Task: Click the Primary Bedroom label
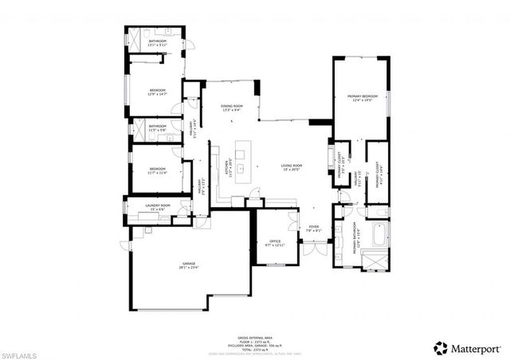tap(360, 99)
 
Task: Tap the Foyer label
tap(314, 228)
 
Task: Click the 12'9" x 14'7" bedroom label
tap(157, 92)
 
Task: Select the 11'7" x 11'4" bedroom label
tap(157, 170)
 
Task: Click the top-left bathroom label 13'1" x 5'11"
tap(156, 43)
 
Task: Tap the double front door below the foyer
tap(314, 247)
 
